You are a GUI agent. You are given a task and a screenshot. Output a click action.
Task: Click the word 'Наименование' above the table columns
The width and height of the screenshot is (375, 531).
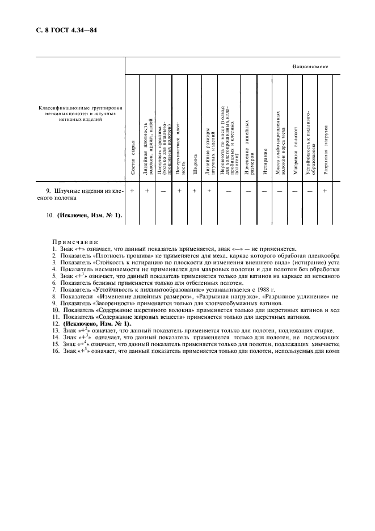coord(310,66)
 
